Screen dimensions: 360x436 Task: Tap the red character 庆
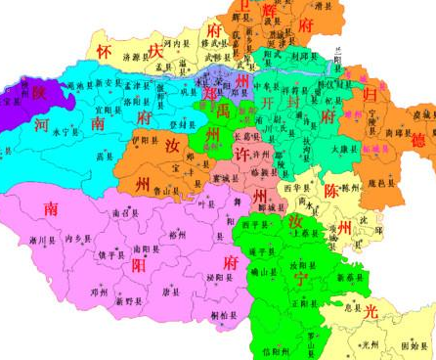click(x=156, y=51)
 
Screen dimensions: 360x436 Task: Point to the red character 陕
click(x=39, y=92)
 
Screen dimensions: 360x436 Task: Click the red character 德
click(x=419, y=141)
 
